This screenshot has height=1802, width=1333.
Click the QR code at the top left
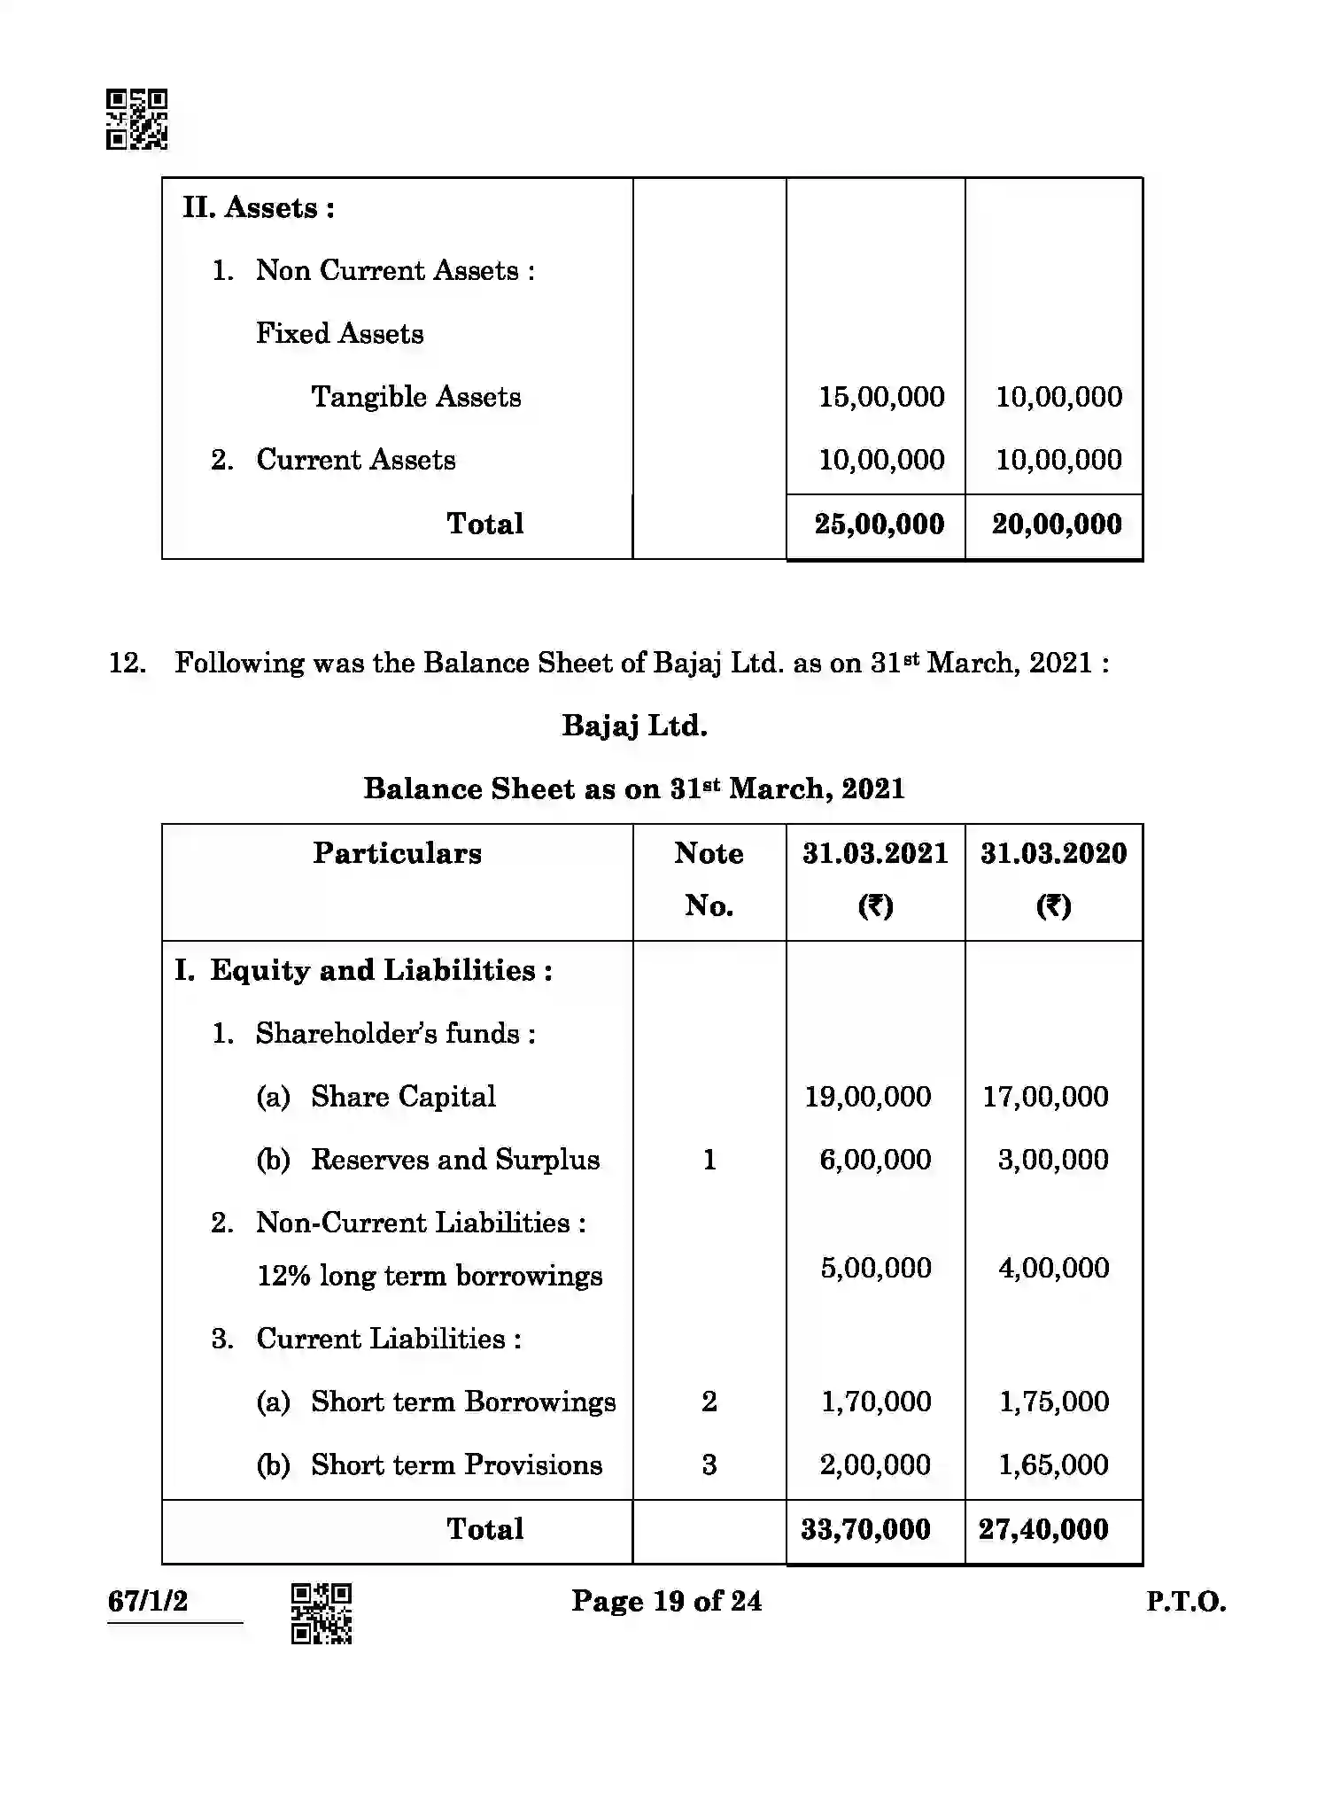(x=136, y=119)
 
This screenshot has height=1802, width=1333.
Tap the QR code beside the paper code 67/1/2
(x=322, y=1613)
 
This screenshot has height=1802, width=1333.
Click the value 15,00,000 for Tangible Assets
(x=881, y=397)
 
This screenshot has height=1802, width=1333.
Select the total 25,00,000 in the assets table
(x=879, y=524)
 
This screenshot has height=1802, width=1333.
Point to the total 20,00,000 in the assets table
(x=1056, y=524)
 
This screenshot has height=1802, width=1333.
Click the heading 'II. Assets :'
(x=259, y=208)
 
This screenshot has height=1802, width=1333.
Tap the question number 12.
(x=127, y=663)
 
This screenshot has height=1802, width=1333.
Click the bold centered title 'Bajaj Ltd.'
(x=634, y=726)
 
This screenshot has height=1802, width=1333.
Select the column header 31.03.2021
(x=875, y=854)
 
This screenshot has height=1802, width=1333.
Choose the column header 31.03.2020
(x=1053, y=854)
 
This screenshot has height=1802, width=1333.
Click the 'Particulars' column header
(x=397, y=854)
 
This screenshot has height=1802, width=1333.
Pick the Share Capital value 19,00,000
(x=867, y=1097)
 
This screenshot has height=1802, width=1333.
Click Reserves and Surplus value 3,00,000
(x=1053, y=1160)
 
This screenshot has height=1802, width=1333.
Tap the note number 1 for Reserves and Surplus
(x=709, y=1160)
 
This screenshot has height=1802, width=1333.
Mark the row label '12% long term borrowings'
(x=430, y=1277)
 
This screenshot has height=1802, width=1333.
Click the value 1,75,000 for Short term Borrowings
(x=1053, y=1402)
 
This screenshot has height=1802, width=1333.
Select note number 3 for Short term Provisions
(x=709, y=1465)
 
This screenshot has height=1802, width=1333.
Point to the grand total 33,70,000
(x=865, y=1530)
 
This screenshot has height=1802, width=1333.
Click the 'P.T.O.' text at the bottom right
(x=1185, y=1602)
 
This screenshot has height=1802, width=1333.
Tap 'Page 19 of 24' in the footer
(x=666, y=1601)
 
